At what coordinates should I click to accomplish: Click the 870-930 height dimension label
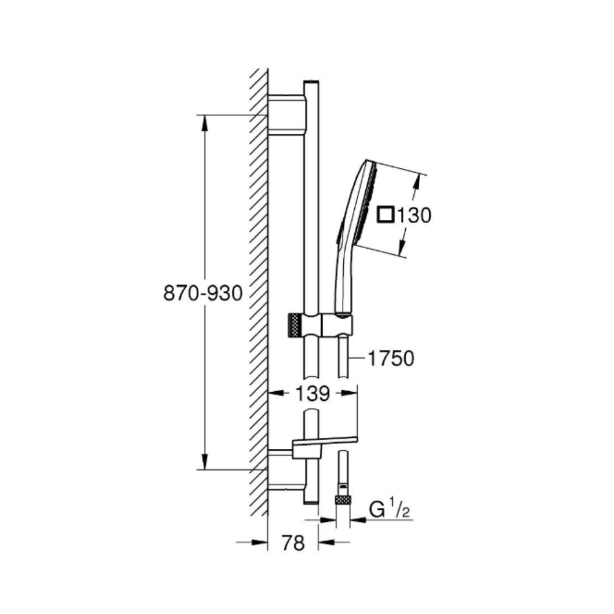(x=203, y=293)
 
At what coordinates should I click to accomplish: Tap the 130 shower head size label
(x=414, y=216)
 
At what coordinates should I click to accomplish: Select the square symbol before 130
(x=386, y=215)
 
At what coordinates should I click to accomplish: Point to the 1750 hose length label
(x=391, y=359)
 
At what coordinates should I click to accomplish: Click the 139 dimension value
(x=312, y=394)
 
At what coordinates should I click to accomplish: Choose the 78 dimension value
(x=293, y=543)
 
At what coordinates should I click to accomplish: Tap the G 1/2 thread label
(x=390, y=510)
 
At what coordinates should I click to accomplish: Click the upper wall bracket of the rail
(x=286, y=114)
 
